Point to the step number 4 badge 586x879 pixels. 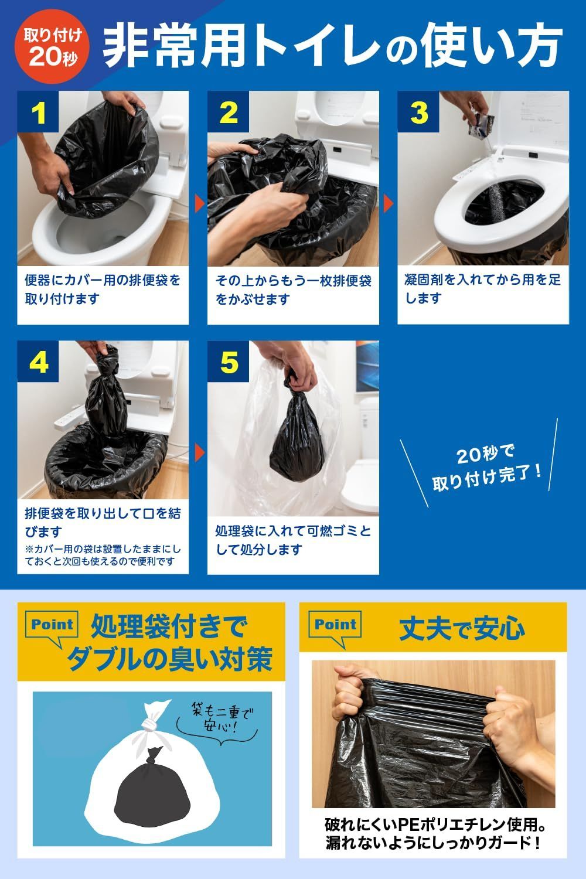pos(38,363)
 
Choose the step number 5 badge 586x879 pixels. pos(229,363)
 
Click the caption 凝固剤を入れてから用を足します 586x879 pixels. pos(482,289)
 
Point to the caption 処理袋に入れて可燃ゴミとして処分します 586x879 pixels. pos(293,540)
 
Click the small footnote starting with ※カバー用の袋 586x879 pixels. pos(103,556)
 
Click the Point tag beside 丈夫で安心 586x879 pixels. pos(336,625)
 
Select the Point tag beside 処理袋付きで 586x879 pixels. pos(52,625)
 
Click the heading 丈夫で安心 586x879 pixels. pos(462,628)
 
